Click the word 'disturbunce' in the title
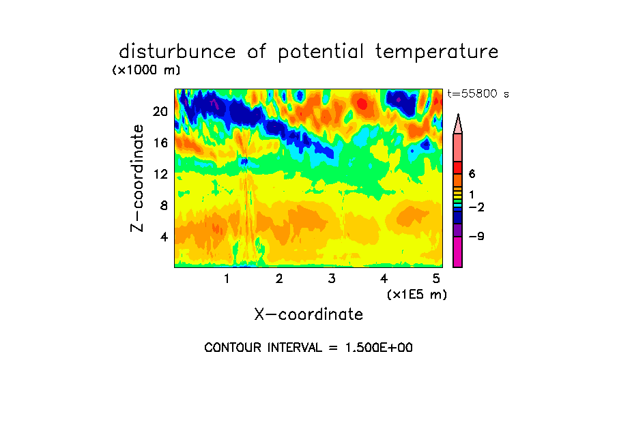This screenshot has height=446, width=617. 177,52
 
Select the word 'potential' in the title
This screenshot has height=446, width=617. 321,53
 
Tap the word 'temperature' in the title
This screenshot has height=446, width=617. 437,53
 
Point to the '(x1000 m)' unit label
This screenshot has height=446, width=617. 146,70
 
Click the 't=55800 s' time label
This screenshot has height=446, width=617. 478,93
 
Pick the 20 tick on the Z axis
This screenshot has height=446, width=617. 160,112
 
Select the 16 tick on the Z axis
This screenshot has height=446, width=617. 160,143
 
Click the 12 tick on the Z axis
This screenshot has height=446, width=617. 160,174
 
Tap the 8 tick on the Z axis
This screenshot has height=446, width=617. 164,205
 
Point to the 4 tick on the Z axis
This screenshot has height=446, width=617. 164,237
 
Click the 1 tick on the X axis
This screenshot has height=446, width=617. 227,279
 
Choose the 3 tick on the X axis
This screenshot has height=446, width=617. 332,279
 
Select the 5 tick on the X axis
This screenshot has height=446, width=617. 436,279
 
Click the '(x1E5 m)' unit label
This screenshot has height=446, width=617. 417,295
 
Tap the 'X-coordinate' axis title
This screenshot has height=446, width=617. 308,314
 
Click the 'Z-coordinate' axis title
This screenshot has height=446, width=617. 137,178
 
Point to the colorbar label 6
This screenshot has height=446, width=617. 472,174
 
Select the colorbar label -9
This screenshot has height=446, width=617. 476,237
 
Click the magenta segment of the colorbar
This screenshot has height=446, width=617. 457,252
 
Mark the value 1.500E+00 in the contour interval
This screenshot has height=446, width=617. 379,348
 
